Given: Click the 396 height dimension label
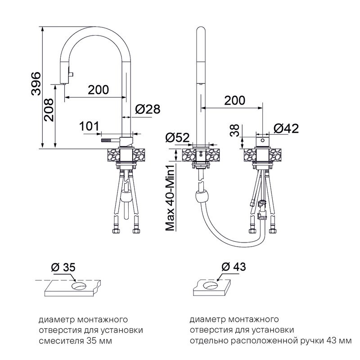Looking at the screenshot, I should [x=36, y=84].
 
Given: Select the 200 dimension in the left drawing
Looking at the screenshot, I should [x=98, y=90].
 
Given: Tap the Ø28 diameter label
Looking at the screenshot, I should [x=147, y=109].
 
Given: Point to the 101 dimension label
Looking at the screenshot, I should [x=89, y=126].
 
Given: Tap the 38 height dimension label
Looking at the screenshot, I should [x=234, y=130].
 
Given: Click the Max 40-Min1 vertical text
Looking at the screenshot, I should [x=170, y=198].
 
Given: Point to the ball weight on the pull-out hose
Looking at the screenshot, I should [x=202, y=198].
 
